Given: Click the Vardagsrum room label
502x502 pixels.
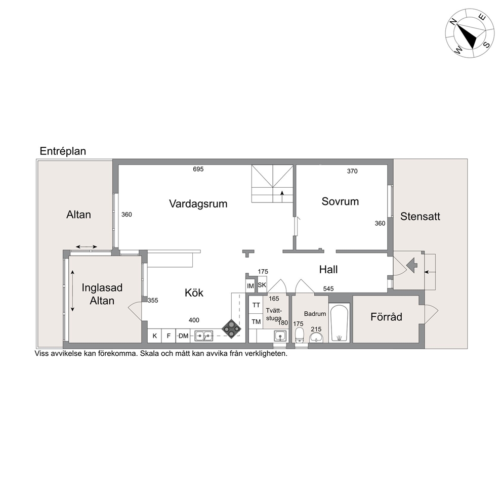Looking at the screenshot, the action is click(x=198, y=204).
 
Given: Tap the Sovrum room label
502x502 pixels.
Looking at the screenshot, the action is click(x=340, y=201).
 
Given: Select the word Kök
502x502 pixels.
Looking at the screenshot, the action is click(x=194, y=292).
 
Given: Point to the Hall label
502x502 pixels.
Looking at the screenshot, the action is click(x=328, y=270).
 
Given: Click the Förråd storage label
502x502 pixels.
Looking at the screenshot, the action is click(x=386, y=317).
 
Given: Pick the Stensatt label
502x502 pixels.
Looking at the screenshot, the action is click(x=420, y=217).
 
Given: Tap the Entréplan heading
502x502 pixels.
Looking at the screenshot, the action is click(x=63, y=151).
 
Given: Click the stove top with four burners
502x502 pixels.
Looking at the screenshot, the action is click(x=231, y=328).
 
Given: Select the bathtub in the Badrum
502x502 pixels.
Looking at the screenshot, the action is click(x=340, y=323).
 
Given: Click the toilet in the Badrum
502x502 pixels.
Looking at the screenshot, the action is click(x=300, y=334).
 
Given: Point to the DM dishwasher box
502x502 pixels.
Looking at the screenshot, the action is click(x=183, y=336).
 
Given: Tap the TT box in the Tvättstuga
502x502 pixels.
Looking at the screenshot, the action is click(x=256, y=305).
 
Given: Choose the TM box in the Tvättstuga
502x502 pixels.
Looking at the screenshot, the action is click(x=256, y=321).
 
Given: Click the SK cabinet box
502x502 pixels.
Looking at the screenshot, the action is click(x=262, y=285).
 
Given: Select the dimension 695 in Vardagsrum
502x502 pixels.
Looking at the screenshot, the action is click(x=198, y=169).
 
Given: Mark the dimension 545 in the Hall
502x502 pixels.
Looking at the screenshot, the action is click(x=328, y=289).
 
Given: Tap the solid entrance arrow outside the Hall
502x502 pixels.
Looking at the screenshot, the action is click(x=412, y=265).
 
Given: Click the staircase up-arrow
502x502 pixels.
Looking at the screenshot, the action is click(x=282, y=196).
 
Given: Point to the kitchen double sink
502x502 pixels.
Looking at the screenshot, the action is click(x=203, y=336).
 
